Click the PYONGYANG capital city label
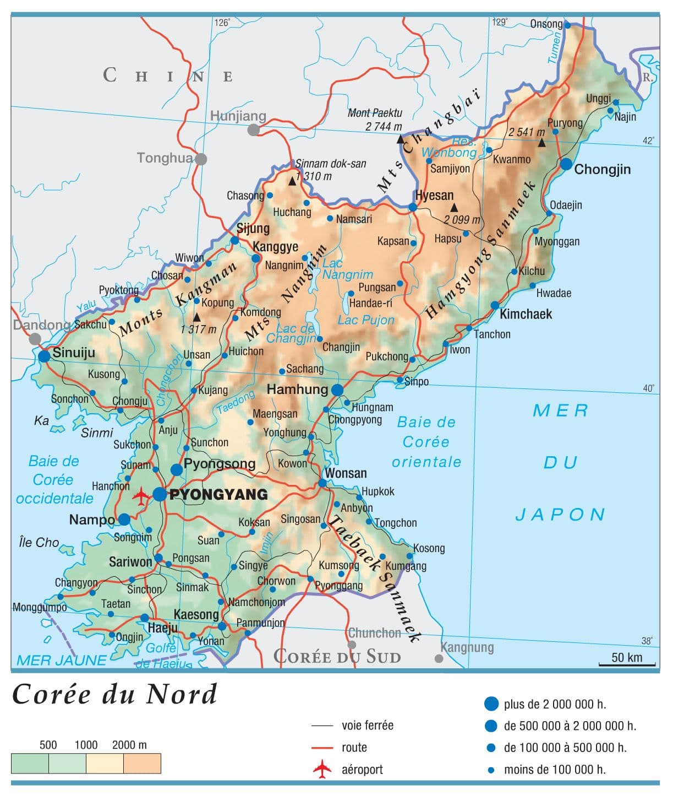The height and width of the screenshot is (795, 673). [218, 494]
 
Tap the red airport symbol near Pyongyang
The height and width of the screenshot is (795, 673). [141, 496]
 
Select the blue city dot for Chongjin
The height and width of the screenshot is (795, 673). [566, 164]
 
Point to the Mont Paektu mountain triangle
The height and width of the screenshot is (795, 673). [401, 139]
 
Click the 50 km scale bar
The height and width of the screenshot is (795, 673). [627, 664]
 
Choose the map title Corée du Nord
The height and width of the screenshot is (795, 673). [115, 694]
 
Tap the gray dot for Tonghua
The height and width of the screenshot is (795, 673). [201, 159]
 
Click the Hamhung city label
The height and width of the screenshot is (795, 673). [297, 390]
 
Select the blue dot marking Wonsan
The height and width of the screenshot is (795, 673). [322, 483]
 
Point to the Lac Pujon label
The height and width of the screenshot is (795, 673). [366, 320]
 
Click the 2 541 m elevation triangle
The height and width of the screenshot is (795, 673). [541, 143]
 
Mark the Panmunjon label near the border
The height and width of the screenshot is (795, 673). [260, 623]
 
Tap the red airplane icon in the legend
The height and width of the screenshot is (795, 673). [322, 769]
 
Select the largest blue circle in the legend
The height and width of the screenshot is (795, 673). [491, 704]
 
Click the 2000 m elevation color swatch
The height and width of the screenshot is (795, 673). [142, 764]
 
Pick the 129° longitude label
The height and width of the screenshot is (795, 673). [499, 22]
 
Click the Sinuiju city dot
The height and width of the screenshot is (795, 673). [45, 356]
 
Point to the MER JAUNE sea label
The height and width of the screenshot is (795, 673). [62, 660]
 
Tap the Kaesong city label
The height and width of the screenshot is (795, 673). [196, 614]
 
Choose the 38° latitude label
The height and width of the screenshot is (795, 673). [647, 641]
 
